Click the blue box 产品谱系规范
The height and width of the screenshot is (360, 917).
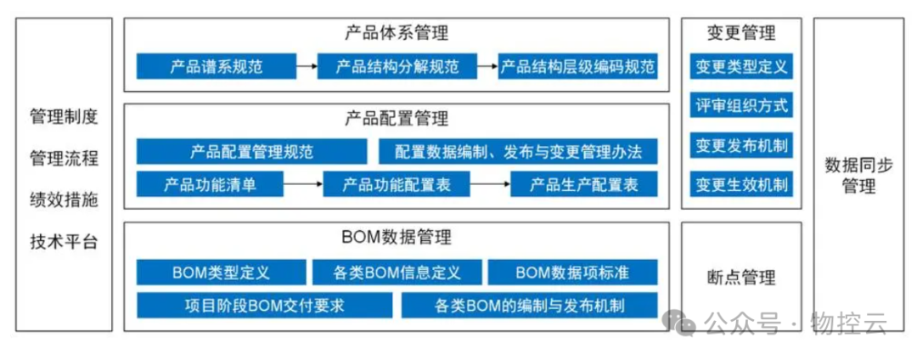pos(216,65)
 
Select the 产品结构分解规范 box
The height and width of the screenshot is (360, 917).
pos(397,65)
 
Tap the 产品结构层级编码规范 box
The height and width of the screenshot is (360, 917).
pos(578,65)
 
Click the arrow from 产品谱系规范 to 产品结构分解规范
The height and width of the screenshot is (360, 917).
pos(307,65)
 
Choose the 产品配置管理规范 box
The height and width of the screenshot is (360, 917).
pos(252,153)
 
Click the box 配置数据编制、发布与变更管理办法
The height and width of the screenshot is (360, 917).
pos(518,153)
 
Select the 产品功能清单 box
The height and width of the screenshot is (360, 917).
pos(209,183)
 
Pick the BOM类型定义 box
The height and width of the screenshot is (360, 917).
pos(220,272)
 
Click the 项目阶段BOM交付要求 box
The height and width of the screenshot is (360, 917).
pos(264,305)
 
